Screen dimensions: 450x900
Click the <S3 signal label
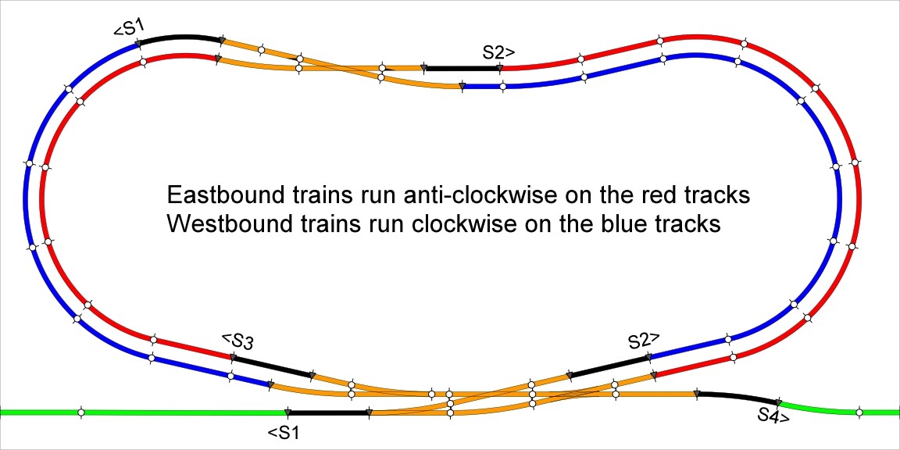pos(237,341)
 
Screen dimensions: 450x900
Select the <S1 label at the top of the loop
pos(129,29)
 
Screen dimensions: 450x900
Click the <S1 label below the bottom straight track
pos(283,431)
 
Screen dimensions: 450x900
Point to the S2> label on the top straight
pos(498,53)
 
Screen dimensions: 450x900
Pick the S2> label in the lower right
pos(645,341)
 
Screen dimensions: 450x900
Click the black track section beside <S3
pos(272,366)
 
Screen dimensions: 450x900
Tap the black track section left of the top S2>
pos(462,68)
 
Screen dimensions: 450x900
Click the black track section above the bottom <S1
pos(328,412)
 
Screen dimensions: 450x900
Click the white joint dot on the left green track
pos(81,412)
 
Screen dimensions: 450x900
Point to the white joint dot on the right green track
pos(859,412)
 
